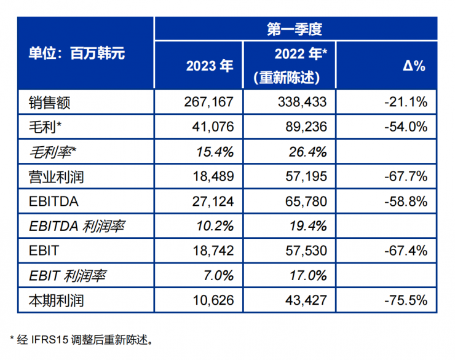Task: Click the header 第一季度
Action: (295, 29)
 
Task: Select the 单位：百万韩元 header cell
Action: (76, 53)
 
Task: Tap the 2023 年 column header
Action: (210, 66)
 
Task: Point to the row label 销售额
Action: (50, 102)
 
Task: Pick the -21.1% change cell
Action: (405, 102)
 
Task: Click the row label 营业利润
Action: (56, 177)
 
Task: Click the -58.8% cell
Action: (405, 202)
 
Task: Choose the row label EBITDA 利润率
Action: (76, 226)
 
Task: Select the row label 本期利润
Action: (56, 301)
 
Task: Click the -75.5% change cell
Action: (405, 301)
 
